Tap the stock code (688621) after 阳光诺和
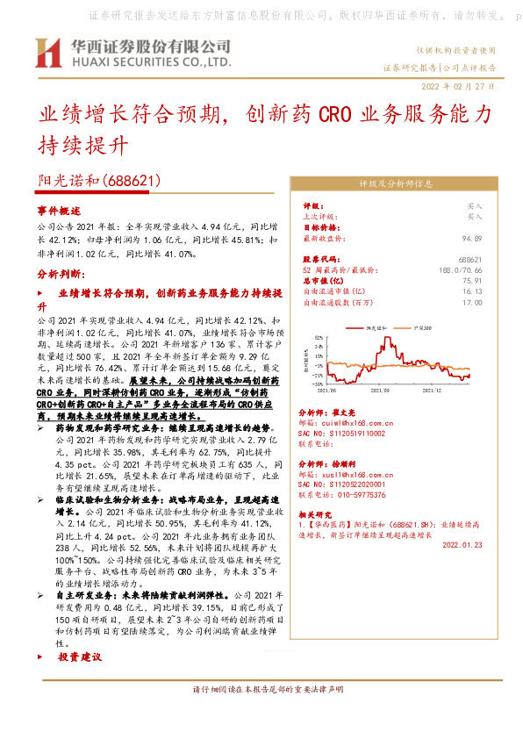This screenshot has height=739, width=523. tap(131, 181)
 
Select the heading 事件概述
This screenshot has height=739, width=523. tap(58, 212)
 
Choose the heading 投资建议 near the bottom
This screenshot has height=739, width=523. tap(80, 656)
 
